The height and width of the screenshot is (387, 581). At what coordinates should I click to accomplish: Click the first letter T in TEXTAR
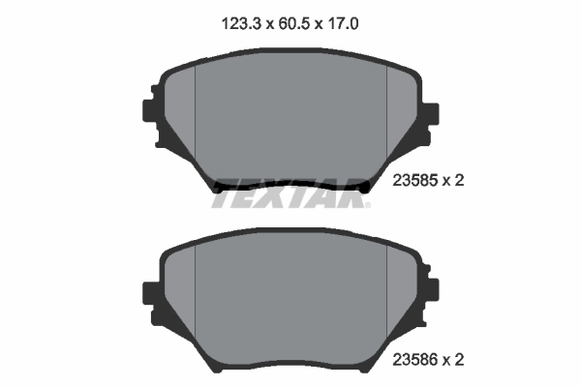(224, 193)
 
